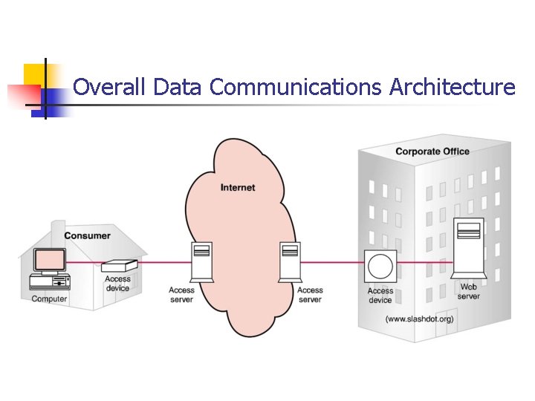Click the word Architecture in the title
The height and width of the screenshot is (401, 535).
(452, 88)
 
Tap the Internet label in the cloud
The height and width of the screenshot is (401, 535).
(238, 187)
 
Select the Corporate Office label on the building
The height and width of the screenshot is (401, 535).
(432, 151)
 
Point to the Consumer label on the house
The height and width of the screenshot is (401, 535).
(87, 235)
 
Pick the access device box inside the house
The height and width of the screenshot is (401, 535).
(119, 265)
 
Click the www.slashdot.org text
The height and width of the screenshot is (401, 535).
(419, 320)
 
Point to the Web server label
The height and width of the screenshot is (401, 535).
(469, 291)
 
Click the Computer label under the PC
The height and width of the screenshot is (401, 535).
(49, 299)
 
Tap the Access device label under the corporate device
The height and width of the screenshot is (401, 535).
(380, 296)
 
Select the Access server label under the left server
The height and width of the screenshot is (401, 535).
(181, 295)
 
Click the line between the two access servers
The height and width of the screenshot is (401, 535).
(245, 263)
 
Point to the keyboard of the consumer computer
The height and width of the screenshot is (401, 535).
(48, 285)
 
